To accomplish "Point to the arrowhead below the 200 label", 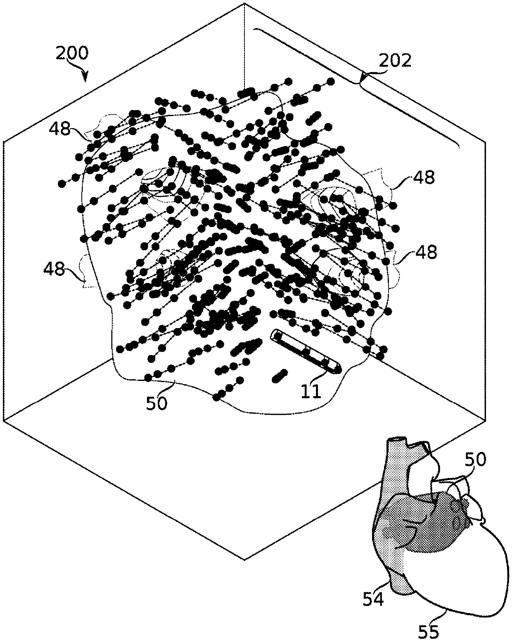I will (x=86, y=78).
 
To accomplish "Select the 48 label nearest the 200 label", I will (x=59, y=129).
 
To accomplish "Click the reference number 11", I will (x=311, y=391).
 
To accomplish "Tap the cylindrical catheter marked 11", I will (x=306, y=352).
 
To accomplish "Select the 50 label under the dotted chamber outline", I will (x=156, y=403).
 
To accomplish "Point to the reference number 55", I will (x=428, y=631).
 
